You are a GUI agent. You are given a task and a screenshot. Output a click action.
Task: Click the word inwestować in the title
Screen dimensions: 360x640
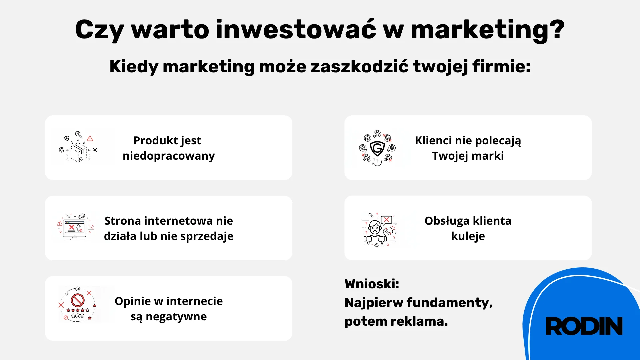pos(296,30)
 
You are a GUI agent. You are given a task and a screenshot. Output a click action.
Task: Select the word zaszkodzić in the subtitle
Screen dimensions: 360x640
pos(359,66)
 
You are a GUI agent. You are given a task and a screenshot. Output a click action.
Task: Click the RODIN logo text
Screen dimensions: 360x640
pos(584,326)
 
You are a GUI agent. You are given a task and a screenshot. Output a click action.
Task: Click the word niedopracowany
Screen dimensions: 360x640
pos(169,156)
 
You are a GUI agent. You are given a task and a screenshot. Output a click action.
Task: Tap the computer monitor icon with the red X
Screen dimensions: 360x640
pos(75,228)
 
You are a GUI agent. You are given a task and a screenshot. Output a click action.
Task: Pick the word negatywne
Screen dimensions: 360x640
pos(176,317)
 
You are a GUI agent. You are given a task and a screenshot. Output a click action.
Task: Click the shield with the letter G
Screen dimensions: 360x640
pos(377,148)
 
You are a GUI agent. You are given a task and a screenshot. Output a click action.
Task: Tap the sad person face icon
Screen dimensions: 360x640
pos(375,229)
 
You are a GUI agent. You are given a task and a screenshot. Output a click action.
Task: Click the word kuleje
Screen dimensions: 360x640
pos(468,236)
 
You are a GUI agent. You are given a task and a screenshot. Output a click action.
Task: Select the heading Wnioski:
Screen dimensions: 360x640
pos(372,284)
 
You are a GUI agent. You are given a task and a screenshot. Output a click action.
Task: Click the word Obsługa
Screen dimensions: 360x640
pos(447,221)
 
